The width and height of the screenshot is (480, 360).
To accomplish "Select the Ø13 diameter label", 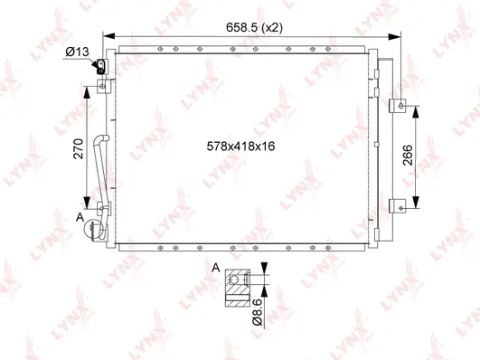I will click(78, 52).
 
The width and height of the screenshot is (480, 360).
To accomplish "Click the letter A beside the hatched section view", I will click(215, 269).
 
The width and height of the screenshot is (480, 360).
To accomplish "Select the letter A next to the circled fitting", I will click(80, 217).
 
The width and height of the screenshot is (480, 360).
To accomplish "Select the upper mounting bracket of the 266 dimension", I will click(396, 105).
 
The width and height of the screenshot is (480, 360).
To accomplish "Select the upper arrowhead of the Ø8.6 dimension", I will click(264, 270).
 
